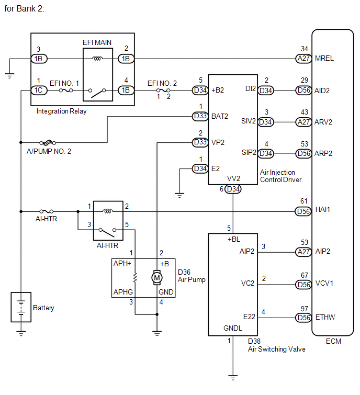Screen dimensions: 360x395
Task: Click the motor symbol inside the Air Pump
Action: pyautogui.click(x=157, y=278)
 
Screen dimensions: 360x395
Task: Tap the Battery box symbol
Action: pyautogui.click(x=21, y=307)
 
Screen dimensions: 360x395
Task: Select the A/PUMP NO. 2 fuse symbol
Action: pyautogui.click(x=48, y=143)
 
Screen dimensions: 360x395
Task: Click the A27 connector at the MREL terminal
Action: pyautogui.click(x=303, y=59)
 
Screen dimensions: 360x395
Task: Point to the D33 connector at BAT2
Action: pyautogui.click(x=200, y=116)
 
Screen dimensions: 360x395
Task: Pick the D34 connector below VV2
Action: pyautogui.click(x=233, y=189)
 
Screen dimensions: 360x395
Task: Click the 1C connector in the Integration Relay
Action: pyautogui.click(x=39, y=90)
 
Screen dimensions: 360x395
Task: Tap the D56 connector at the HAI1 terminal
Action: pyautogui.click(x=303, y=211)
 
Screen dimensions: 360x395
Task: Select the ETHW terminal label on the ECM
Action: pyautogui.click(x=325, y=317)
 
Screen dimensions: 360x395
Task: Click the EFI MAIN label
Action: pyautogui.click(x=97, y=42)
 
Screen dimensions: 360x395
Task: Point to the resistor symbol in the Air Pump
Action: pyautogui.click(x=136, y=277)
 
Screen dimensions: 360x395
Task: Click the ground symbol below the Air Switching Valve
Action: pyautogui.click(x=233, y=378)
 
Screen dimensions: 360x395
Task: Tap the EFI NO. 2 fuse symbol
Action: pyautogui.click(x=163, y=90)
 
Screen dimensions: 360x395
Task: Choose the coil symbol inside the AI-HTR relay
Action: pyautogui.click(x=108, y=211)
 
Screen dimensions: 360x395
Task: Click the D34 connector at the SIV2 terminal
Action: pyautogui.click(x=266, y=122)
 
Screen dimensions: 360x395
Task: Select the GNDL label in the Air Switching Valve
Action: pyautogui.click(x=233, y=328)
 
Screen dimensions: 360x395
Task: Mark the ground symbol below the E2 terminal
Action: pyautogui.click(x=179, y=196)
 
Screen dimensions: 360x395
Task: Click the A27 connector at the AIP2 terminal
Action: pyautogui.click(x=303, y=252)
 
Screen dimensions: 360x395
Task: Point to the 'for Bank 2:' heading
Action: pyautogui.click(x=25, y=9)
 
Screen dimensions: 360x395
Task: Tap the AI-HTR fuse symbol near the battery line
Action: pyautogui.click(x=47, y=211)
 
